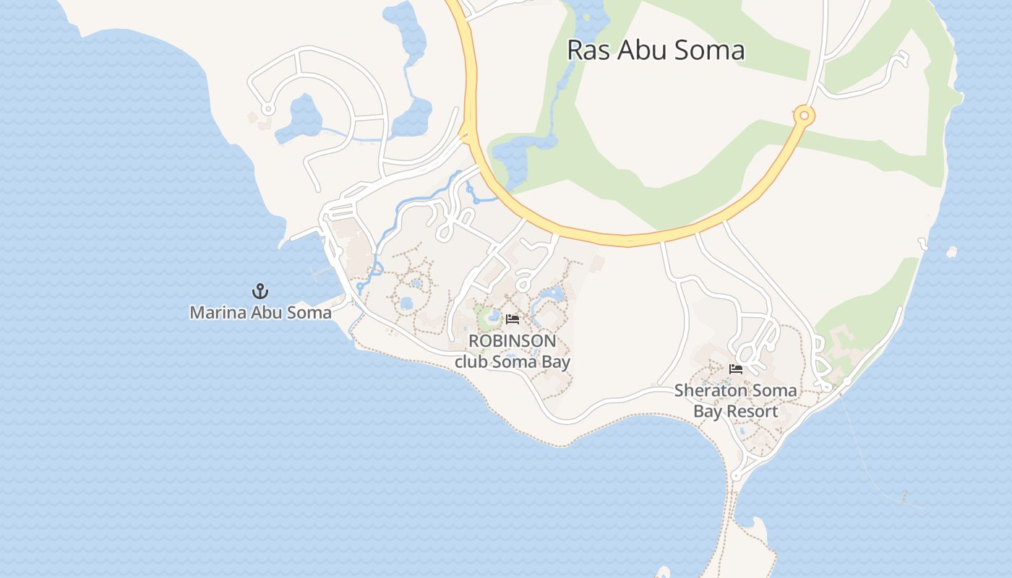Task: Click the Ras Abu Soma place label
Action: pyautogui.click(x=656, y=50)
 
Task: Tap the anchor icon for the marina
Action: pyautogui.click(x=260, y=291)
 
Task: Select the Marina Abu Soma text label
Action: pyautogui.click(x=260, y=313)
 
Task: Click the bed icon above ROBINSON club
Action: pyautogui.click(x=513, y=319)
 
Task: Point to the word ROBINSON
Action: pyautogui.click(x=513, y=341)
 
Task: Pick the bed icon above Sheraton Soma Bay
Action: pyautogui.click(x=736, y=369)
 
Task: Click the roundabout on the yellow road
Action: pyautogui.click(x=804, y=115)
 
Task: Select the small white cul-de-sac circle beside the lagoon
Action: pyautogui.click(x=268, y=110)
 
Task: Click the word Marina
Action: pyautogui.click(x=215, y=313)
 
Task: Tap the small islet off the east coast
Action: pyautogui.click(x=951, y=252)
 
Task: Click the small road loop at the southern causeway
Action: pyautogui.click(x=735, y=476)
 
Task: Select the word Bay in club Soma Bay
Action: pyautogui.click(x=556, y=362)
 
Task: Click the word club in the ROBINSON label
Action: pyautogui.click(x=471, y=362)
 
